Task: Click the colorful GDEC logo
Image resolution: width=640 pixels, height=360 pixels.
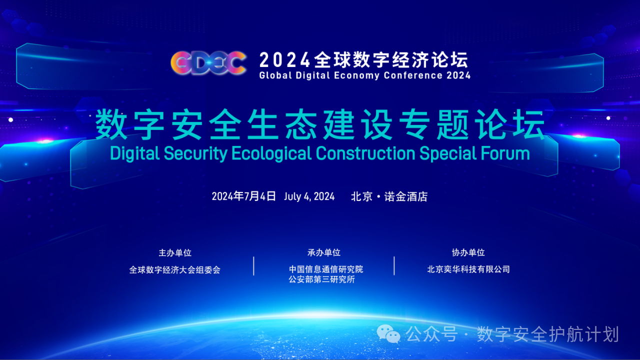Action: [x=208, y=62]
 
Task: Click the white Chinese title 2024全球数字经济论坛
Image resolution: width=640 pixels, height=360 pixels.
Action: [x=364, y=60]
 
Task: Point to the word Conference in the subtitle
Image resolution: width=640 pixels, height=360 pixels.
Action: [x=413, y=75]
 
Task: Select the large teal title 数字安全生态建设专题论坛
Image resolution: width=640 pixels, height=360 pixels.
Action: [x=320, y=125]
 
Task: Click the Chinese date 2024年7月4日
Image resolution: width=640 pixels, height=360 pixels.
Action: [x=243, y=196]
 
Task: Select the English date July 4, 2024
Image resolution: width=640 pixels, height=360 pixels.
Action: [x=309, y=196]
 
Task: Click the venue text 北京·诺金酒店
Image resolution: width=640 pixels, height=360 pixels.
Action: [x=389, y=196]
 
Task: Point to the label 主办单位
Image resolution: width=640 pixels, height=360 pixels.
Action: [x=175, y=252]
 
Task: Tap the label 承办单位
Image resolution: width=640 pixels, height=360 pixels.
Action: [x=324, y=252]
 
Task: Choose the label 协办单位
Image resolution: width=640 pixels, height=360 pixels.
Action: [x=468, y=252]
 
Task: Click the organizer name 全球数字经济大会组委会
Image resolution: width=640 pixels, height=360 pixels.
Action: [x=175, y=269]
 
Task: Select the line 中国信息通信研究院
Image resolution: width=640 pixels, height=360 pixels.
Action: [x=326, y=269]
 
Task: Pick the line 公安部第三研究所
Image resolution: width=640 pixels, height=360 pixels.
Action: [x=321, y=279]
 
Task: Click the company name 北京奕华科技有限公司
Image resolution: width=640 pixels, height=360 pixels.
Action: [x=468, y=269]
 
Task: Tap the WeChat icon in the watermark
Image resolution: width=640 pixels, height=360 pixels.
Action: [x=388, y=333]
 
